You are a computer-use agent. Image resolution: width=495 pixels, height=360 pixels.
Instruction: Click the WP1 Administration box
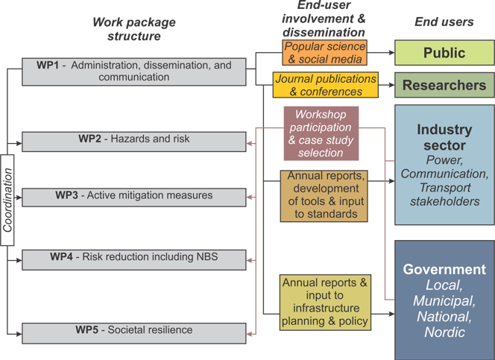click(134, 72)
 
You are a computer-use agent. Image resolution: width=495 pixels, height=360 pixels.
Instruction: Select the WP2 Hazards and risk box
click(134, 142)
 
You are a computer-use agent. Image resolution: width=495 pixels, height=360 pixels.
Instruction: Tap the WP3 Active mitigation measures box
click(134, 198)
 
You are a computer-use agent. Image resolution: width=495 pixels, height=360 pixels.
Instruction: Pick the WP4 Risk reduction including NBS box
click(134, 260)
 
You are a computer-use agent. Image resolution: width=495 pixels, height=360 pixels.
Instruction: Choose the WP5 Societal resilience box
click(134, 333)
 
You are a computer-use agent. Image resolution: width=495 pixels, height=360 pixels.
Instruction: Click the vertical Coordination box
click(7, 200)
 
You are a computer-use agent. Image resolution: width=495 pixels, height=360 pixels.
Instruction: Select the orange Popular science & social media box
click(324, 52)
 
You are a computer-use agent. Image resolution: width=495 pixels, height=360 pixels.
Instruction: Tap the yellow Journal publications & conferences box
click(326, 85)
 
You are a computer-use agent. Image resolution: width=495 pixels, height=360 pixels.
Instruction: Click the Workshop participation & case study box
click(321, 133)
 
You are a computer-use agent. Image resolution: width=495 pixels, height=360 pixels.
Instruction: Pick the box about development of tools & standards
click(324, 196)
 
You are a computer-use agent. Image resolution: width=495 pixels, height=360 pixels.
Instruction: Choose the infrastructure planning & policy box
click(325, 303)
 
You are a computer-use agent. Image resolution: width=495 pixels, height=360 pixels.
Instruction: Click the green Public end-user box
click(444, 53)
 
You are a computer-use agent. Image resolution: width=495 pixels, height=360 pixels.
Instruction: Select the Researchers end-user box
click(444, 85)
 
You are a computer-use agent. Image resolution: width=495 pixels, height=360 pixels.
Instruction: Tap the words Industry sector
click(444, 137)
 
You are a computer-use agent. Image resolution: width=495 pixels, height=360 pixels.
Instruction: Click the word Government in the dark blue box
click(444, 269)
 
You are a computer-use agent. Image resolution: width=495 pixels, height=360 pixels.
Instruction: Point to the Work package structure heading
click(134, 29)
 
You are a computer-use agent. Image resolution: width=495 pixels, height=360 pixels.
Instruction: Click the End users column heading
click(444, 22)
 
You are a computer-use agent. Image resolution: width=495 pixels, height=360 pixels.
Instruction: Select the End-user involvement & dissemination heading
click(324, 19)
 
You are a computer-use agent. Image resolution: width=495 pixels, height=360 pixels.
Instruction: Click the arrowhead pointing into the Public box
click(392, 53)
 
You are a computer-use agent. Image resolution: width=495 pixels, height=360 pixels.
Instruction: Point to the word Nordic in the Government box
click(444, 332)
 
